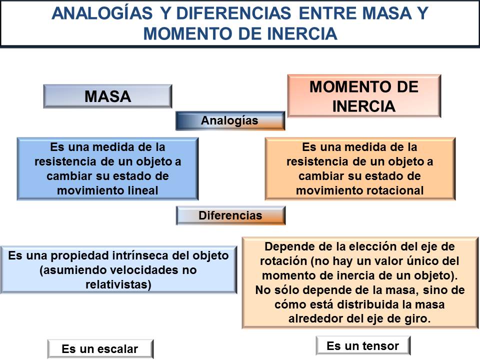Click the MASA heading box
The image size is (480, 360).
(x=108, y=96)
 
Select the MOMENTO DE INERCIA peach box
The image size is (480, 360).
(x=364, y=96)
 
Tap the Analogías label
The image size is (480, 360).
(x=230, y=120)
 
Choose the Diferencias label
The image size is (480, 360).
(x=231, y=215)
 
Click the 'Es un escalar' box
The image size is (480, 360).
(x=100, y=349)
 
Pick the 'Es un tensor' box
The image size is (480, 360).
(x=363, y=346)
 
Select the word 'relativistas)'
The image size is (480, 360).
(x=118, y=284)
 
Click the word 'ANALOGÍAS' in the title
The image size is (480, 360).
(x=102, y=13)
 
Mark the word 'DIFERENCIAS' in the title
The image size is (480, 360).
(x=234, y=13)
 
